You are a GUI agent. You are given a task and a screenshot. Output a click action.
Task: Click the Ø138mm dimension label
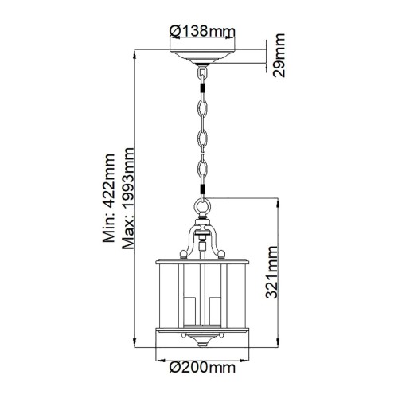(x=202, y=31)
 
